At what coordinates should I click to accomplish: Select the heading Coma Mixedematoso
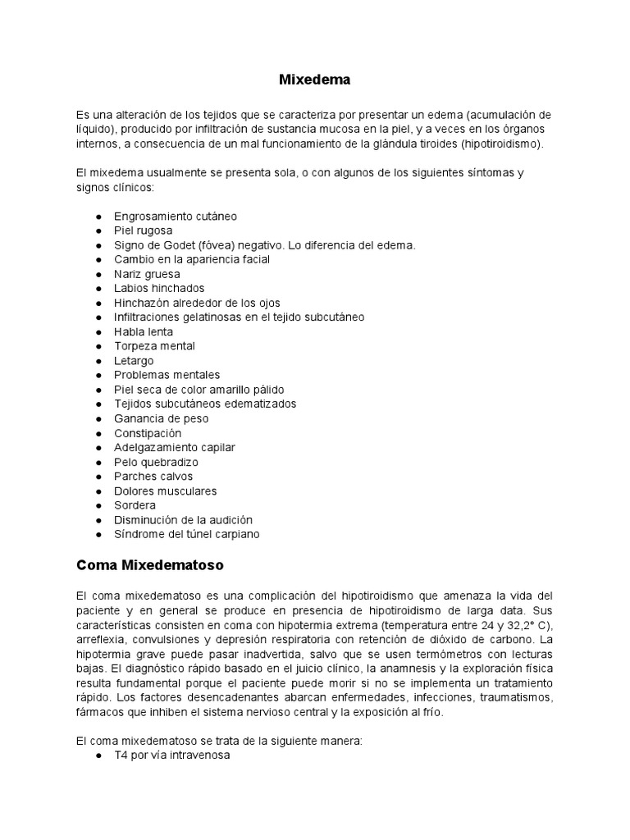pyautogui.click(x=149, y=565)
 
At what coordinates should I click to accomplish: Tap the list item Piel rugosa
pyautogui.click(x=143, y=231)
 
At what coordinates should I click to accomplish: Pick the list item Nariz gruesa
pyautogui.click(x=147, y=274)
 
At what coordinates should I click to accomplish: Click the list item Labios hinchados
pyautogui.click(x=159, y=288)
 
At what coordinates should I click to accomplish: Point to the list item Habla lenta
pyautogui.click(x=144, y=331)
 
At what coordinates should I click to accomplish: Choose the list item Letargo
pyautogui.click(x=134, y=361)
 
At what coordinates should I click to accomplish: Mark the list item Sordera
pyautogui.click(x=135, y=505)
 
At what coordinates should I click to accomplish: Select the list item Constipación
pyautogui.click(x=148, y=433)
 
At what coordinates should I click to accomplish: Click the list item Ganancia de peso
pyautogui.click(x=161, y=418)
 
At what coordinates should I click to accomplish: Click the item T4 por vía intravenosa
pyautogui.click(x=172, y=756)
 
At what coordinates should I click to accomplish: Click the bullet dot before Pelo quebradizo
pyautogui.click(x=99, y=462)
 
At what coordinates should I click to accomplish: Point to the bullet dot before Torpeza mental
pyautogui.click(x=99, y=346)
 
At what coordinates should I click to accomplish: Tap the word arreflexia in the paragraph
pyautogui.click(x=101, y=639)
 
